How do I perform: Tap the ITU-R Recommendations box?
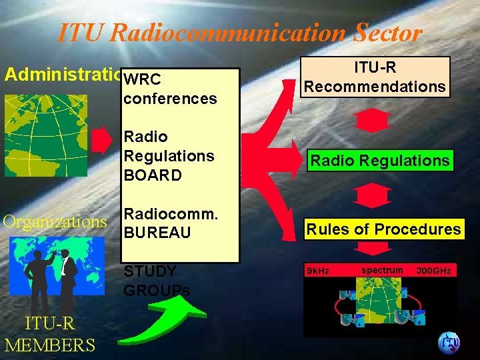pos(374,77)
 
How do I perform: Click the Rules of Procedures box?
pos(383,229)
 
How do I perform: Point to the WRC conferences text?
pos(170,89)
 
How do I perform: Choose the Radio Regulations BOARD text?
pos(169,156)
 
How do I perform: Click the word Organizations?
pos(55,221)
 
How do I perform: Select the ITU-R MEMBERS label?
pos(49,335)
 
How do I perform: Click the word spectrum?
pos(382,270)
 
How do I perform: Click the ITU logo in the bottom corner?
pos(448,343)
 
